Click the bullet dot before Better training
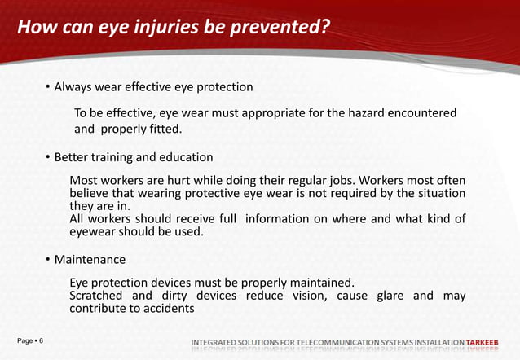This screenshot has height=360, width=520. [x=47, y=156]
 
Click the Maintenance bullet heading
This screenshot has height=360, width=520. [x=90, y=260]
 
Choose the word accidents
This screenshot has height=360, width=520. [x=166, y=309]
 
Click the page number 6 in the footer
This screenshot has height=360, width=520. [x=41, y=339]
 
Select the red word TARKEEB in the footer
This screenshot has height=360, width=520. [x=482, y=340]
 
